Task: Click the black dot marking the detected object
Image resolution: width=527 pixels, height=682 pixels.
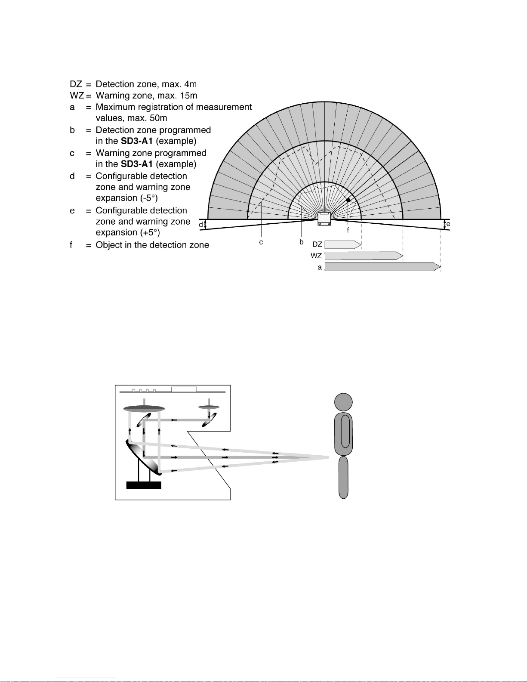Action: click(x=348, y=200)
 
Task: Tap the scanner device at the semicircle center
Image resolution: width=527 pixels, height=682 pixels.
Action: click(x=324, y=219)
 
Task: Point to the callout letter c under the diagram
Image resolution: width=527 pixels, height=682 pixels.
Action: click(x=261, y=243)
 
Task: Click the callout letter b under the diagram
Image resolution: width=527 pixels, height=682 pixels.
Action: click(x=302, y=242)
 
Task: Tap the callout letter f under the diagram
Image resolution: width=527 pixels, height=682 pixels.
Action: click(x=348, y=230)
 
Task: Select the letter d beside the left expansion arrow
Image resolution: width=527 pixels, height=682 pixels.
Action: click(x=200, y=225)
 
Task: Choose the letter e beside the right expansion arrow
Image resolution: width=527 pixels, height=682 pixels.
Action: click(x=448, y=224)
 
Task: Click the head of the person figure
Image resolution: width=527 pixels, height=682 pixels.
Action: click(x=343, y=402)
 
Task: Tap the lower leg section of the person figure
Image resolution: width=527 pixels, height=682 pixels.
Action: click(x=343, y=477)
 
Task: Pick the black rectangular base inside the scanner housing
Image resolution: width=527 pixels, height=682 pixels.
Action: click(x=144, y=485)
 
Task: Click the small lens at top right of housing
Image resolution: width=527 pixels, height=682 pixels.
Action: click(x=209, y=407)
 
